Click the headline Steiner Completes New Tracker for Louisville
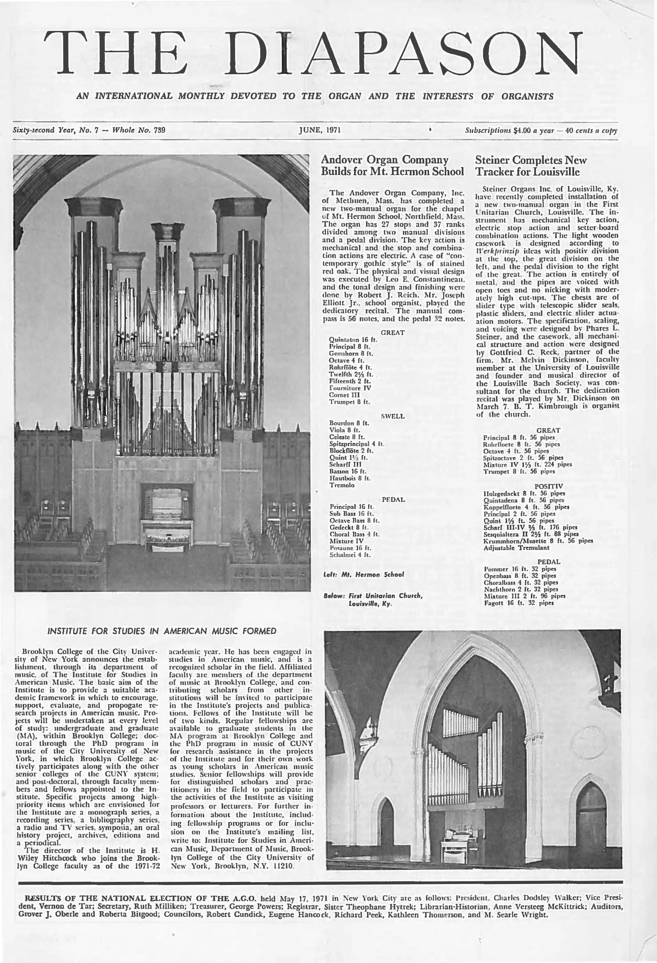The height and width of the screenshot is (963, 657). point(531,166)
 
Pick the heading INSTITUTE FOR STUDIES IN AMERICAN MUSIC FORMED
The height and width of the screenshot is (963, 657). point(162,631)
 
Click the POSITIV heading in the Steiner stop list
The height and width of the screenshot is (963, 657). point(548,486)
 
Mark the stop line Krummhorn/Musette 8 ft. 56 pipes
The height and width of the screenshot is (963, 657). point(538,541)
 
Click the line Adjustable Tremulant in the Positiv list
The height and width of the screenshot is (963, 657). point(516,547)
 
